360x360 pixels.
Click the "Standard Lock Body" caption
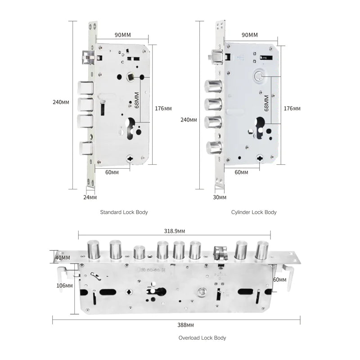pos(124,212)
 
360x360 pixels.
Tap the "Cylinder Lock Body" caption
pos(254,212)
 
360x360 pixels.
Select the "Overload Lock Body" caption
pos(202,338)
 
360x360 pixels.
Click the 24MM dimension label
pos(90,197)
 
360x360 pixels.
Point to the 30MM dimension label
pos(220,197)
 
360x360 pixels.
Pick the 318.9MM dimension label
pos(175,231)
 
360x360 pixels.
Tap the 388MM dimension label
pos(185,325)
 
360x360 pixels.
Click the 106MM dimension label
pos(64,286)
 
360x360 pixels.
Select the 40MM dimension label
pos(63,257)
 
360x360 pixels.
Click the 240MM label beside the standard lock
pos(61,102)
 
